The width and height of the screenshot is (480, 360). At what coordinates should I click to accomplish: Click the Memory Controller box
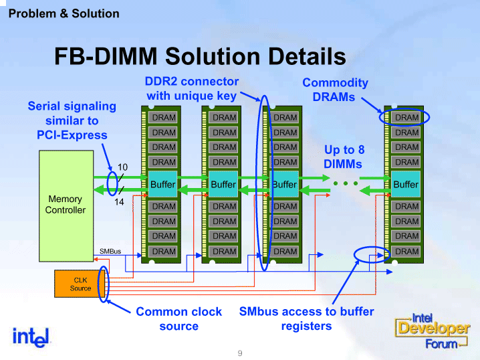66,206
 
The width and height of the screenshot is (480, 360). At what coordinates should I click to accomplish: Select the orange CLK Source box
80,284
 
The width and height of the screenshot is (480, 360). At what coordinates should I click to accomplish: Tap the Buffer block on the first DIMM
162,184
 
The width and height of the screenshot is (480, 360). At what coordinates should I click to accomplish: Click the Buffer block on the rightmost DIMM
406,184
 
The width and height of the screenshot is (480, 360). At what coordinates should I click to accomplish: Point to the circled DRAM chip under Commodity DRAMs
406,117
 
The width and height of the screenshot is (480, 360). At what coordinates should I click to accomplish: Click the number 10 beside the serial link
122,167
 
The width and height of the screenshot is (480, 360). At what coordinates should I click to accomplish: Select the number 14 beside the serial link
119,202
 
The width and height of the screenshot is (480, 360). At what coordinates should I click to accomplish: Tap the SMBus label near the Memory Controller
110,251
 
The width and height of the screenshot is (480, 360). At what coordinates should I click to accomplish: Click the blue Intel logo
31,337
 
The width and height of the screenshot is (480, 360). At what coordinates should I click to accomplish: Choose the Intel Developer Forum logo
432,331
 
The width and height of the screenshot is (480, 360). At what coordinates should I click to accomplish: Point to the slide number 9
240,353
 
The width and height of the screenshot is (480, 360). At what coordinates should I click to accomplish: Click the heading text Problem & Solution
64,14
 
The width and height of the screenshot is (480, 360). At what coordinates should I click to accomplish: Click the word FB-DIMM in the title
106,56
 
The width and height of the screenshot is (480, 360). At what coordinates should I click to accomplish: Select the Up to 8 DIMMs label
344,157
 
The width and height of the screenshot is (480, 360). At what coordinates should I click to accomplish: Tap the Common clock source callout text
178,319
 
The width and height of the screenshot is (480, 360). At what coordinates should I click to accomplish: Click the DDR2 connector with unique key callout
192,88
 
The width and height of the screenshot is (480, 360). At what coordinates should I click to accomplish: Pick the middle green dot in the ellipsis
346,183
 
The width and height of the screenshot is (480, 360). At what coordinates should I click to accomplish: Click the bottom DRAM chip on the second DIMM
223,252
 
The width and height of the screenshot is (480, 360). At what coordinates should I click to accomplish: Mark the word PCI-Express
72,135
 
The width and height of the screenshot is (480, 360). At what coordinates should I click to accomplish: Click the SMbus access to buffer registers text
306,319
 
